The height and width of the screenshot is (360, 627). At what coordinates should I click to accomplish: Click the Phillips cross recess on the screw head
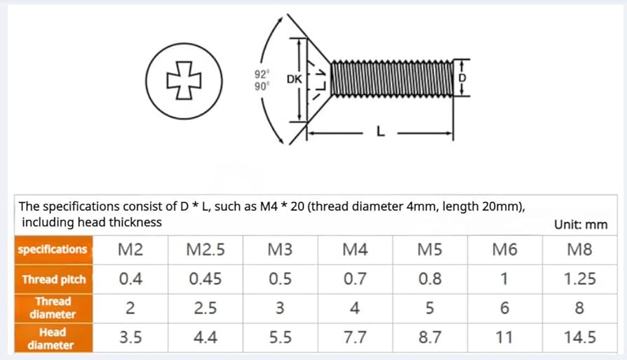coord(184,81)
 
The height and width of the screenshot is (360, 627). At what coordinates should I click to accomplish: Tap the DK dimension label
coord(295,79)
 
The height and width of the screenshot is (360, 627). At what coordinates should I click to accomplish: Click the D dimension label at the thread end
coord(462,78)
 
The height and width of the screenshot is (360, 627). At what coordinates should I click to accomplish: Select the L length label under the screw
coord(381,131)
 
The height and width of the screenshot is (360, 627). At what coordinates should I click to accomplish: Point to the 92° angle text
coord(262,74)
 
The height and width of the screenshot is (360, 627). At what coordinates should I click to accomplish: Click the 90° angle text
coord(262,86)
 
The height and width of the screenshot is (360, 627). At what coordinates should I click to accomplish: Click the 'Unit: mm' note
coord(581,225)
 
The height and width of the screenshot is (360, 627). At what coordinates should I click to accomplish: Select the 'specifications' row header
coord(53,249)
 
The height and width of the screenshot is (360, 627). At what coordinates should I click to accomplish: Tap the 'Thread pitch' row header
coord(54,279)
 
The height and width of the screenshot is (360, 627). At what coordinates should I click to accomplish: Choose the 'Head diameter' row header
coord(51,338)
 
